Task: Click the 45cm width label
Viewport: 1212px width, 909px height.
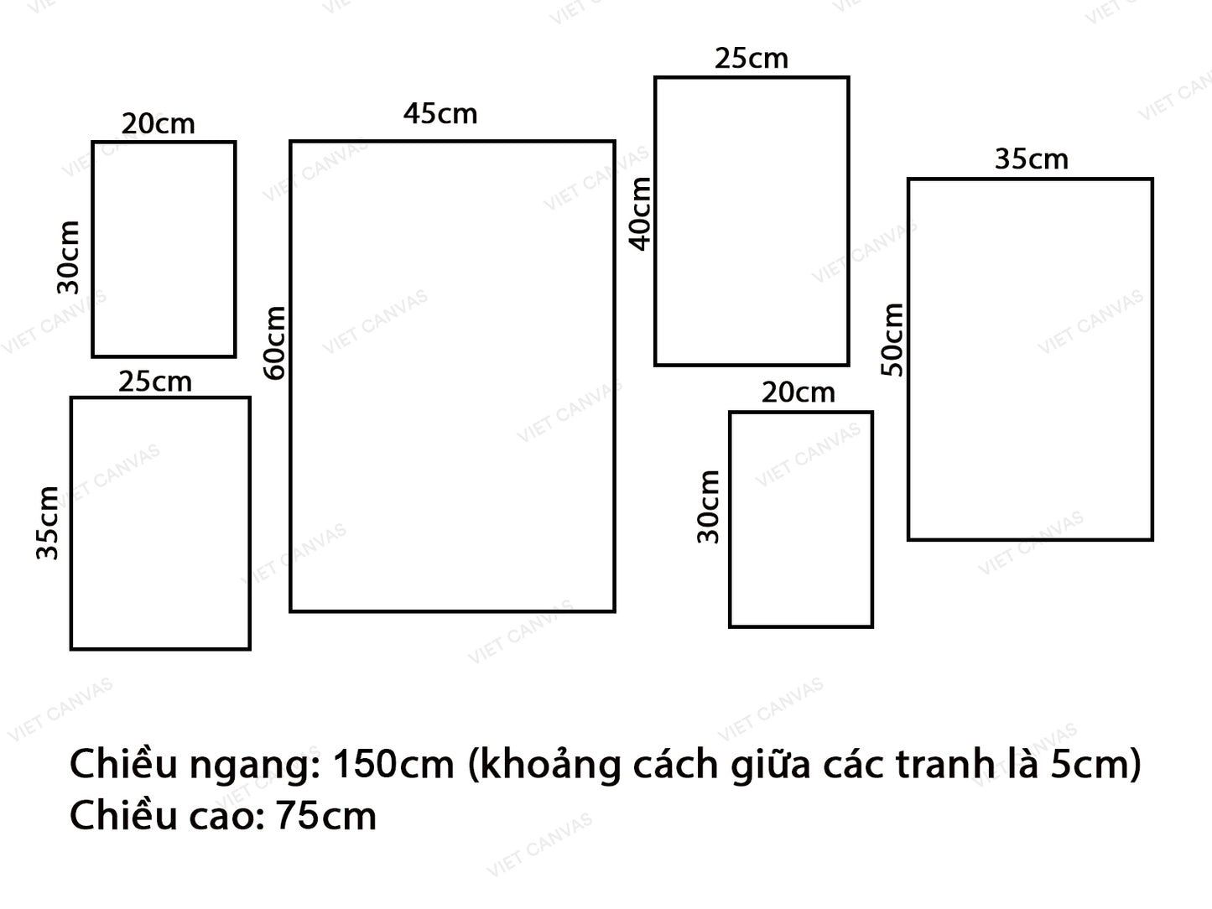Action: click(440, 113)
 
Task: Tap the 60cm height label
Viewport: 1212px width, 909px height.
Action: click(274, 342)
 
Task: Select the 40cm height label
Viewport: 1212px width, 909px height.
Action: click(640, 213)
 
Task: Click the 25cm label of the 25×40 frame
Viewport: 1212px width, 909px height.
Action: click(751, 59)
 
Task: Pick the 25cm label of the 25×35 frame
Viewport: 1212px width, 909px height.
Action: click(154, 382)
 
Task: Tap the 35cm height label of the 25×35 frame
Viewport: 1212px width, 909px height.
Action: click(47, 522)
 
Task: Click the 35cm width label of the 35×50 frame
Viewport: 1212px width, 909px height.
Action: click(1031, 159)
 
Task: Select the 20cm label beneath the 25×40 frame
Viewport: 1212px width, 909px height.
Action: click(798, 392)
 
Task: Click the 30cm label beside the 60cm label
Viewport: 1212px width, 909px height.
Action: click(68, 257)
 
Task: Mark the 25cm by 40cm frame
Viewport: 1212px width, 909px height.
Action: click(752, 221)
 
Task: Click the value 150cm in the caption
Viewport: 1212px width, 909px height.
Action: click(393, 765)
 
